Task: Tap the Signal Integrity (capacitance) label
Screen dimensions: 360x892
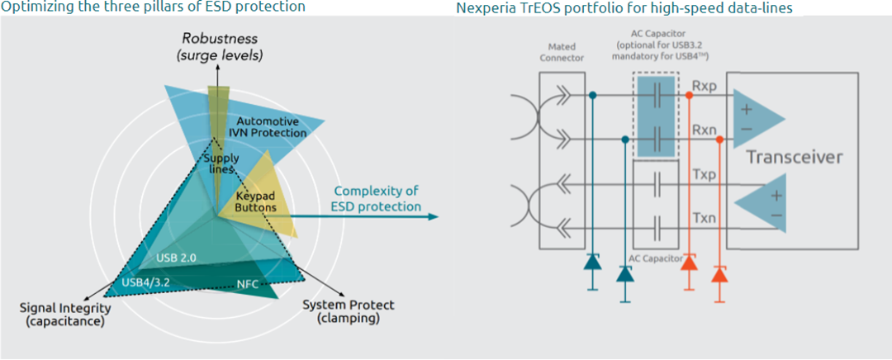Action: click(63, 315)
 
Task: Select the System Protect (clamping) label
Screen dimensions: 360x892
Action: click(348, 311)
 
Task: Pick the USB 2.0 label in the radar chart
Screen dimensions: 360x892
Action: click(177, 258)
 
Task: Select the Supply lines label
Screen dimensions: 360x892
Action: click(221, 163)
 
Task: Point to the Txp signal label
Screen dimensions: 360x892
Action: click(705, 174)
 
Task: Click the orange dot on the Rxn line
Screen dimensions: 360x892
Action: click(719, 140)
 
